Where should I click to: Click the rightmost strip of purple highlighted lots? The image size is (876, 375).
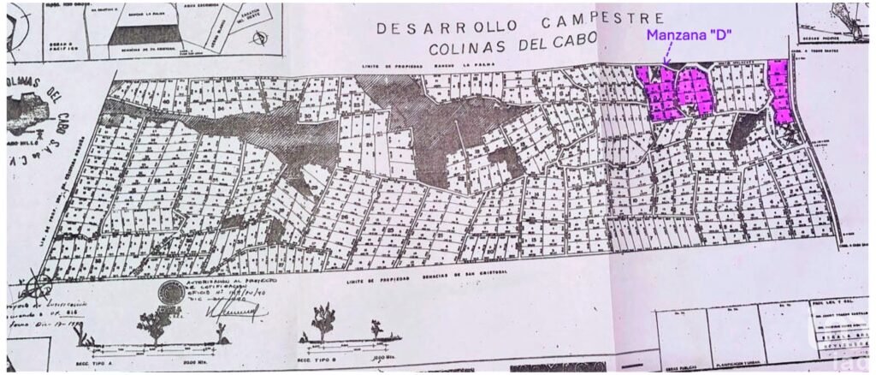coord(780,91)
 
